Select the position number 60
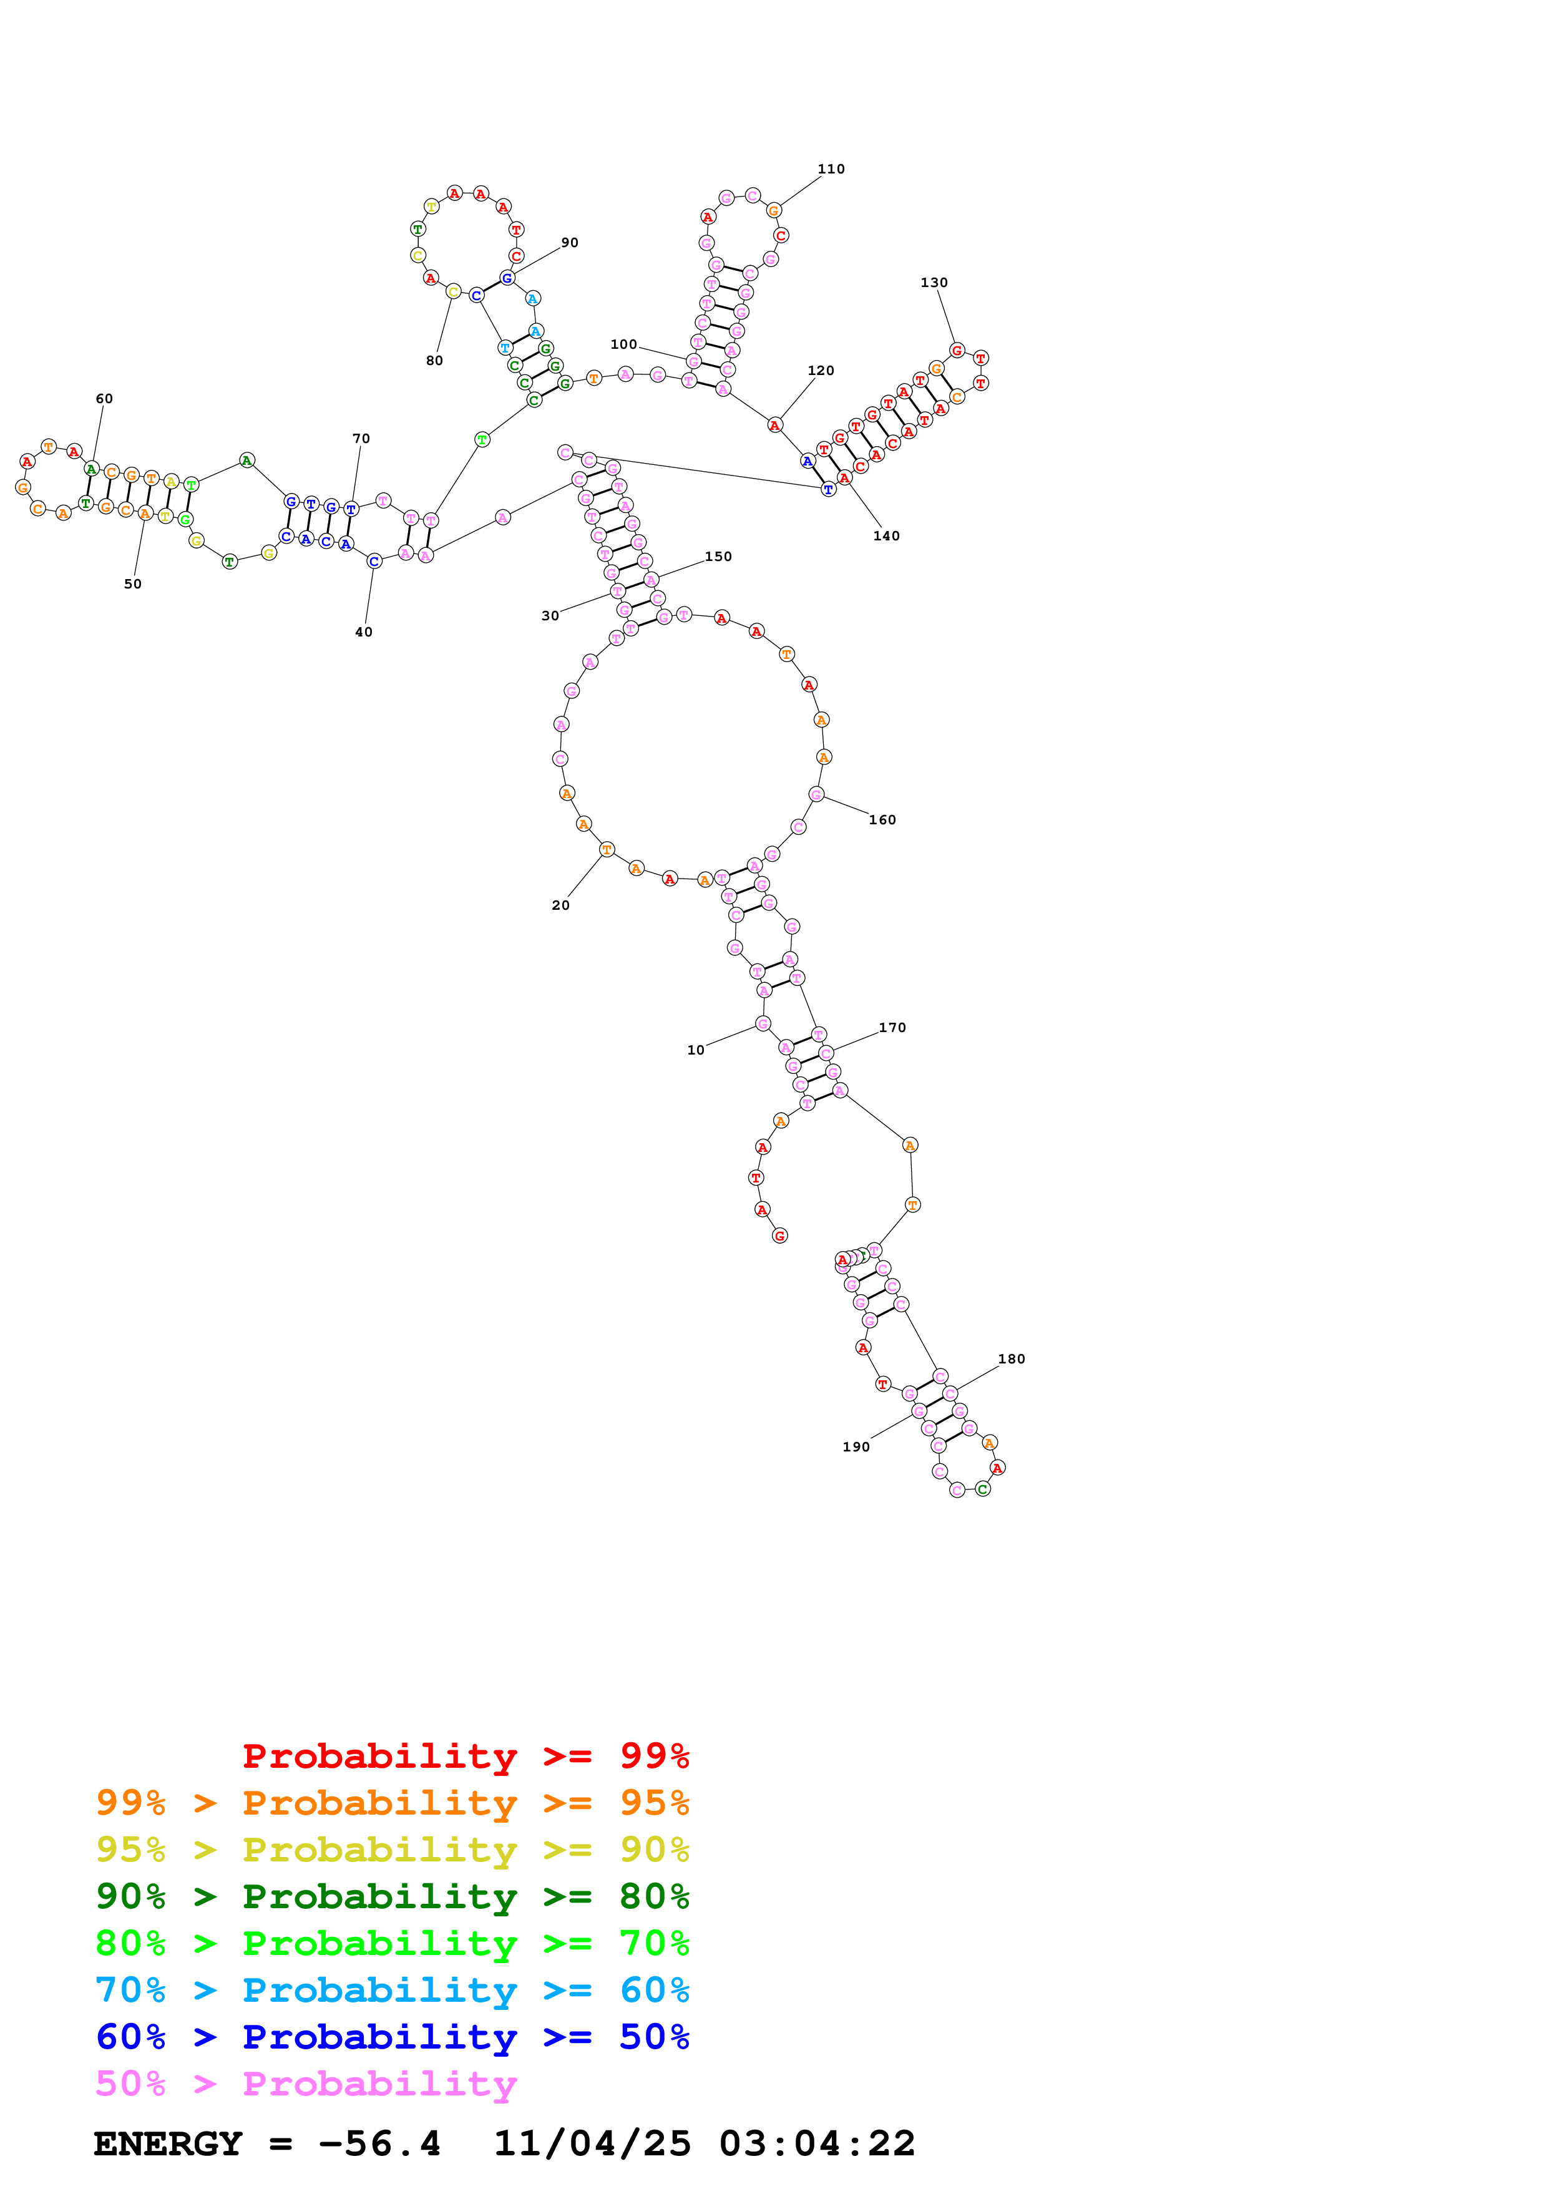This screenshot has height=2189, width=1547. pos(104,399)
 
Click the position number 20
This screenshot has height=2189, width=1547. pos(560,905)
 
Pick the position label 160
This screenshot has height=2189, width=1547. pos(882,820)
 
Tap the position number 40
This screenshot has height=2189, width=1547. pos(363,632)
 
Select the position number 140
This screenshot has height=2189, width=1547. pos(886,536)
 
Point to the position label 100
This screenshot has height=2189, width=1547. pos(623,344)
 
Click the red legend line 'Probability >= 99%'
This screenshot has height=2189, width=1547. pos(465,1755)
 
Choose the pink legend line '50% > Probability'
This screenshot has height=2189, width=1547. pos(306,2083)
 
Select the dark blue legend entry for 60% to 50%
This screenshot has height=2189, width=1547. pos(392,2037)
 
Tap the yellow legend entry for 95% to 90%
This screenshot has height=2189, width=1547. pos(392,1850)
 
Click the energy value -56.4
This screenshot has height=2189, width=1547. pos(379,2143)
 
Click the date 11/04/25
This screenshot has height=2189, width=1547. pos(592,2143)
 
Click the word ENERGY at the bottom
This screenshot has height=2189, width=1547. pos(168,2143)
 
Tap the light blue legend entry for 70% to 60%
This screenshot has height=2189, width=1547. pos(392,1990)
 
